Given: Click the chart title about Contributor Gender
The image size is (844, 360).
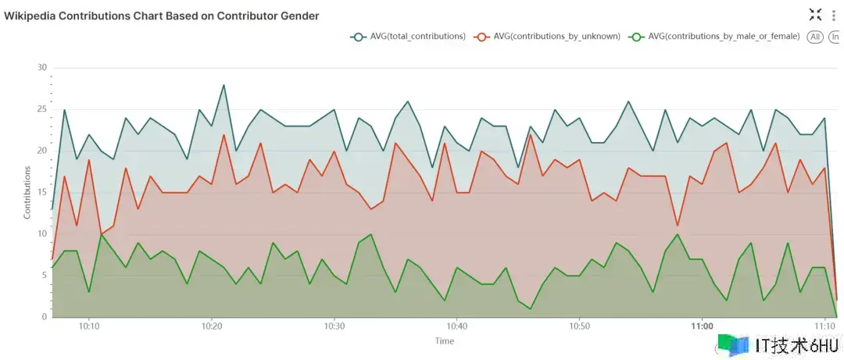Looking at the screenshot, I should pyautogui.click(x=162, y=16).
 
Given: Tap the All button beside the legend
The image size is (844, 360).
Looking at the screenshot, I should pyautogui.click(x=815, y=37).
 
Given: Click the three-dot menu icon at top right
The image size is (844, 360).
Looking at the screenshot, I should pyautogui.click(x=834, y=15).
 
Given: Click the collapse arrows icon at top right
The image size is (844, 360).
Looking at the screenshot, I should pyautogui.click(x=815, y=14).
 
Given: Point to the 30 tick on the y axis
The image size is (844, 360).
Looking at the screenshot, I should pyautogui.click(x=42, y=67).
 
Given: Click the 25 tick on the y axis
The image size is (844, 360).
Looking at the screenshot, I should pyautogui.click(x=42, y=109).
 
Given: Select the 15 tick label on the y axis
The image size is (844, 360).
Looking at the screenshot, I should pyautogui.click(x=42, y=192).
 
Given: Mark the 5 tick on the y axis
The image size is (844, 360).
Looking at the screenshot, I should pyautogui.click(x=45, y=275).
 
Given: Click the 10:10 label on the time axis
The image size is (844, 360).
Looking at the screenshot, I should pyautogui.click(x=89, y=326).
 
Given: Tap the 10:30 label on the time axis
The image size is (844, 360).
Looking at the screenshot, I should pyautogui.click(x=334, y=326).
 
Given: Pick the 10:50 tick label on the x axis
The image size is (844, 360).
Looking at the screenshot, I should pyautogui.click(x=579, y=326).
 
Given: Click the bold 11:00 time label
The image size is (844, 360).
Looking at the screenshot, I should pyautogui.click(x=702, y=326).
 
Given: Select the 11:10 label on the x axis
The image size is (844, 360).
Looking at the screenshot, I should pyautogui.click(x=824, y=326).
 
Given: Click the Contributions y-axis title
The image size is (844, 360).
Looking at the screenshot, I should pyautogui.click(x=27, y=191).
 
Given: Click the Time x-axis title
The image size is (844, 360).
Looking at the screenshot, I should pyautogui.click(x=444, y=340).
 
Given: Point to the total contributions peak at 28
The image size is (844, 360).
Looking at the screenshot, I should pyautogui.click(x=224, y=85).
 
